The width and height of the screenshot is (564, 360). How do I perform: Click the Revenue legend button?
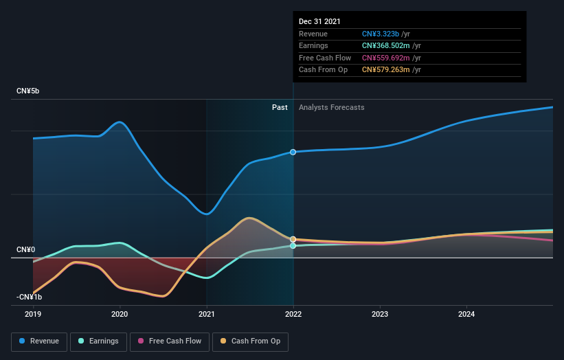(39, 341)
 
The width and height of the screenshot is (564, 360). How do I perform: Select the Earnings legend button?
(98, 341)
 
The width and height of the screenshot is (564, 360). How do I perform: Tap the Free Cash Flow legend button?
(169, 341)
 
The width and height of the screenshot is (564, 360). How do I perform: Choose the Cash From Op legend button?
(250, 341)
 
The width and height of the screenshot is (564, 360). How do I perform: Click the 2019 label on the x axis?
(33, 315)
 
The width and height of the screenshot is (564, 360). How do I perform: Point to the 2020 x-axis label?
(120, 315)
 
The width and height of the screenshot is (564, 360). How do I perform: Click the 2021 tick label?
(206, 315)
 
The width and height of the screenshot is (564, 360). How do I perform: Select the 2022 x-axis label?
(293, 315)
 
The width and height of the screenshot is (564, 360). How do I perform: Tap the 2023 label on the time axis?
(380, 315)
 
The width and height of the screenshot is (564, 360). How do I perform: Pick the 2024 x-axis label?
(466, 315)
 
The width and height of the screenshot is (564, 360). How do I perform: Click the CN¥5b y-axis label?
(28, 91)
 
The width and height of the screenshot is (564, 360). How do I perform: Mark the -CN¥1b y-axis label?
(30, 297)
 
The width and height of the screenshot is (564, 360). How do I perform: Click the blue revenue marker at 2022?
(293, 152)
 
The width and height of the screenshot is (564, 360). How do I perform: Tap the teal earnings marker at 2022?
(293, 245)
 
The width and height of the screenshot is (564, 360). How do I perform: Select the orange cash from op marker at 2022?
(293, 239)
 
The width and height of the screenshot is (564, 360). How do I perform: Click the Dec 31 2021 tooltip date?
(319, 22)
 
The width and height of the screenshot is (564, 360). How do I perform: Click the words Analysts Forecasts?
(331, 107)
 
